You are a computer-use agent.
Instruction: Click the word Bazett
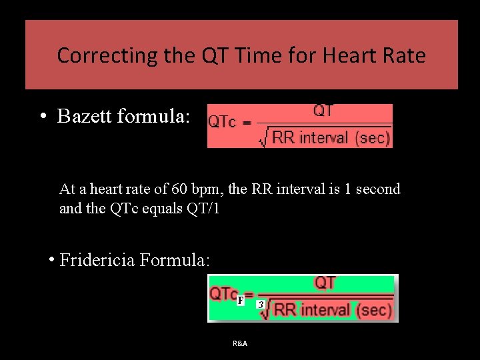tap(85, 117)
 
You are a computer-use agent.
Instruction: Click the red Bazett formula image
tap(299, 125)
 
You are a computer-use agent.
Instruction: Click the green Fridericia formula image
tap(303, 298)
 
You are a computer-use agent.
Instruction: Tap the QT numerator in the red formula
tap(323, 111)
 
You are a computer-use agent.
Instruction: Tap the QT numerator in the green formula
tap(325, 283)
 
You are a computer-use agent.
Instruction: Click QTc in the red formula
tap(222, 122)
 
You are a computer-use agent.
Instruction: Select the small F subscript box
tap(241, 301)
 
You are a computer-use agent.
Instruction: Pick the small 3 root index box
tap(261, 305)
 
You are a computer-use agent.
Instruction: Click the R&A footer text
tap(240, 343)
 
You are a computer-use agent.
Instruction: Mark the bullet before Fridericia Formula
tap(51, 259)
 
